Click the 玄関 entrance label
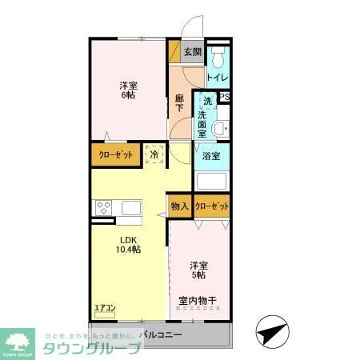tap(192, 53)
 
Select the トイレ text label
tap(218, 78)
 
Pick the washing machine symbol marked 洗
tap(207, 102)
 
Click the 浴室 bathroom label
tap(211, 157)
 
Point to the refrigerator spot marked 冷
tap(154, 154)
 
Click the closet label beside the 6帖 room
tap(115, 154)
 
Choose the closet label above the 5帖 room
tap(212, 206)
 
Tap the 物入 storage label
tap(180, 206)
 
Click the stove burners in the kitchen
tap(103, 206)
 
